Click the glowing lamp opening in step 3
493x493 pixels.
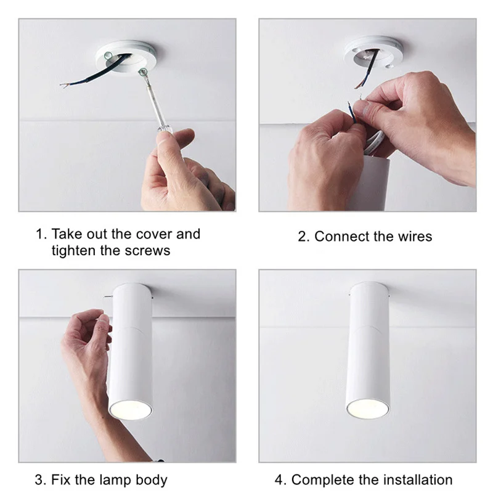pos(131,409)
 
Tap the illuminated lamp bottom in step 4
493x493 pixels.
pos(367,407)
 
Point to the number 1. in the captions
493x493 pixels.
pos(41,235)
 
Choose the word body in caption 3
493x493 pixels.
pos(151,479)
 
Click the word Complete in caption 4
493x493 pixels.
pos(320,479)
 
